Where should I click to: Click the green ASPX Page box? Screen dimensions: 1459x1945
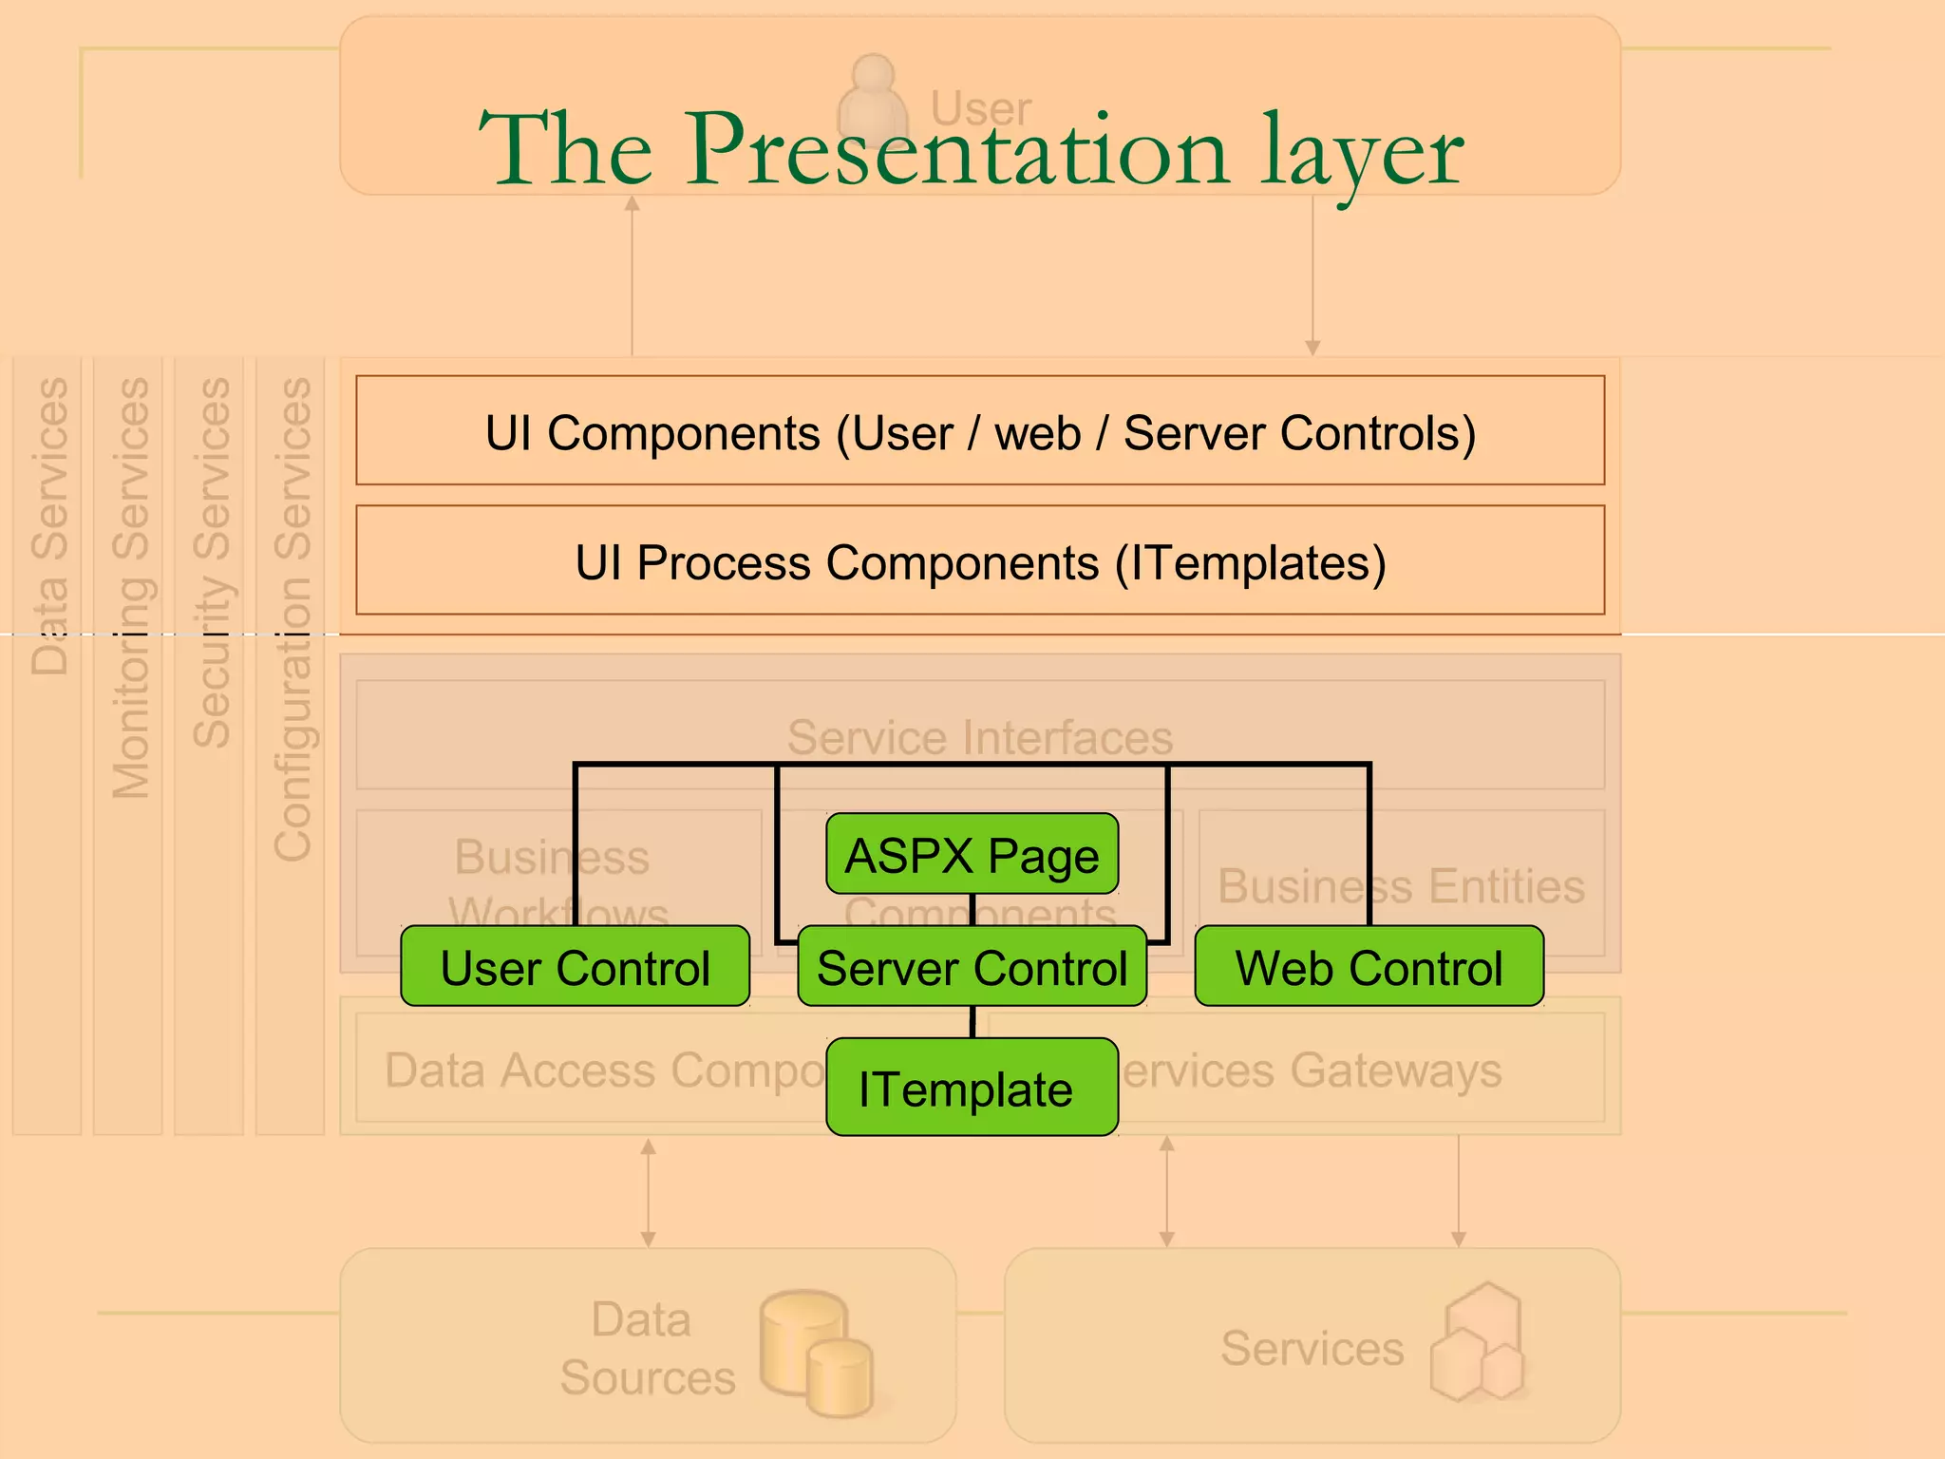coord(972,854)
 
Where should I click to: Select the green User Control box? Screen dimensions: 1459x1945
coord(575,967)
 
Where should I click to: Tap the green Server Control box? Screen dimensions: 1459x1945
coord(972,967)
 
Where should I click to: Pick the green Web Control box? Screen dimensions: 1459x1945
coord(1369,967)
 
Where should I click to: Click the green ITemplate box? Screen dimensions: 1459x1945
coord(972,1088)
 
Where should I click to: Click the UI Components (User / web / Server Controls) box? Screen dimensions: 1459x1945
coord(980,431)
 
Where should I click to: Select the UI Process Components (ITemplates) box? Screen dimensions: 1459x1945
coord(980,560)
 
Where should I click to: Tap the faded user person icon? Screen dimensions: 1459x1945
coord(873,100)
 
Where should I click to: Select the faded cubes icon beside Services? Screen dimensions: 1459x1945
coord(1478,1343)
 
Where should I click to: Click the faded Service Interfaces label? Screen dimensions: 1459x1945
coord(980,737)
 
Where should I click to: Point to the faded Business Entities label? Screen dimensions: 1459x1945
coord(1401,885)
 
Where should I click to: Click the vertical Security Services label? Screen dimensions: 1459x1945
coord(211,562)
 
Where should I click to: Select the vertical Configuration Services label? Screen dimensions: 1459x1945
coord(292,619)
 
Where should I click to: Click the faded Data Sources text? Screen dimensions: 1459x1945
coord(646,1348)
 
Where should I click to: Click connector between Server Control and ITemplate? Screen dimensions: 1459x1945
coord(972,1022)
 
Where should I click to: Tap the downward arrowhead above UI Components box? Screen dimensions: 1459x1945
coord(1312,349)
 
